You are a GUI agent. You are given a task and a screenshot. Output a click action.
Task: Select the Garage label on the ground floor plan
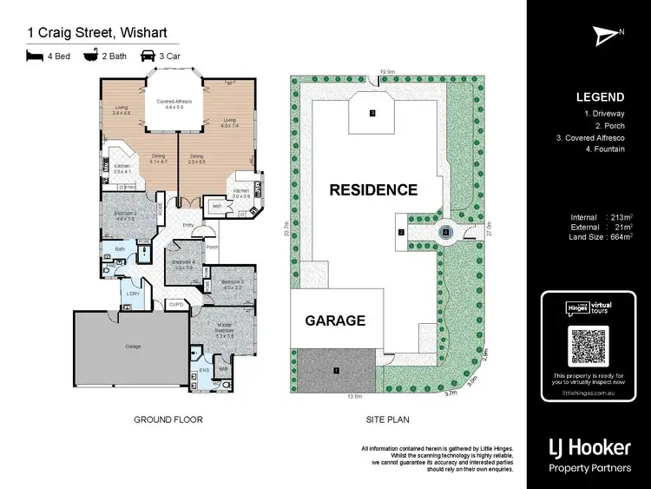point(133,346)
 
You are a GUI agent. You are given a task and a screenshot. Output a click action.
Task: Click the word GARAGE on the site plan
point(335,320)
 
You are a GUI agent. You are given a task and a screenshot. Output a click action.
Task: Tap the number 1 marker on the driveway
point(334,371)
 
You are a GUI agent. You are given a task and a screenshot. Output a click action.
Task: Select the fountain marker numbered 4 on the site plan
point(445,232)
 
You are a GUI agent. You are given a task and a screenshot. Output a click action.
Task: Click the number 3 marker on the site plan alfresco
point(372,113)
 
